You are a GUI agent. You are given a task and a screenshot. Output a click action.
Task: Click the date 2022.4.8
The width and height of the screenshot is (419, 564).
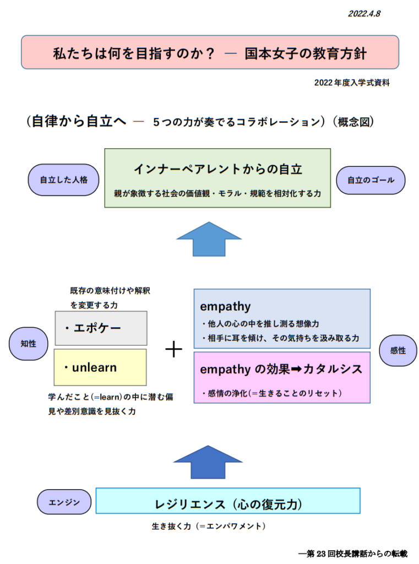pyautogui.click(x=364, y=14)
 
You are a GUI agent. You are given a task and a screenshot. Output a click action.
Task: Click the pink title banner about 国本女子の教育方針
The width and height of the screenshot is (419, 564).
pyautogui.click(x=210, y=52)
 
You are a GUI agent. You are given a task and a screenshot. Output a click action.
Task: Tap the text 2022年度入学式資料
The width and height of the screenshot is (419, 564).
pyautogui.click(x=352, y=83)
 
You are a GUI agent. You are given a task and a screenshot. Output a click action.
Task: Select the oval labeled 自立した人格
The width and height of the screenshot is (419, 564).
pyautogui.click(x=64, y=180)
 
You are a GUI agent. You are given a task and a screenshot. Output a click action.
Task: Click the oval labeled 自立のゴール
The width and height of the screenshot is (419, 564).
pyautogui.click(x=371, y=180)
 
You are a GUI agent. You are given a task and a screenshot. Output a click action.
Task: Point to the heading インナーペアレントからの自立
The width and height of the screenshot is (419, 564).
pyautogui.click(x=218, y=169)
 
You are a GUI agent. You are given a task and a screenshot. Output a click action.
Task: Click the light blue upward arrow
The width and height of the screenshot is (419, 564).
pyautogui.click(x=209, y=239)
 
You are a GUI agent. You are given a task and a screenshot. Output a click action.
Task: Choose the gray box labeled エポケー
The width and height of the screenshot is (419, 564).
pyautogui.click(x=101, y=328)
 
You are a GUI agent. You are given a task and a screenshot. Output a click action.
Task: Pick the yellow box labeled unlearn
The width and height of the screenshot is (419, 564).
pyautogui.click(x=100, y=367)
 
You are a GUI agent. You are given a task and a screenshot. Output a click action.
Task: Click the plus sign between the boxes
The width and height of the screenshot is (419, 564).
pyautogui.click(x=174, y=349)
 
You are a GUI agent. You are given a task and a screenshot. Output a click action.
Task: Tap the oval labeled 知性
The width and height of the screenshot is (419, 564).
pyautogui.click(x=29, y=344)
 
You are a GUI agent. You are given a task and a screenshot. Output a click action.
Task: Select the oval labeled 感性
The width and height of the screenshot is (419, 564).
pyautogui.click(x=398, y=350)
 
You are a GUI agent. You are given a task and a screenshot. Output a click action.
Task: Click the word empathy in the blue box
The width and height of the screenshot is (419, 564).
pyautogui.click(x=225, y=306)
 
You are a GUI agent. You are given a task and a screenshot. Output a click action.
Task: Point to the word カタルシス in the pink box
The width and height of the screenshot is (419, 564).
pyautogui.click(x=333, y=369)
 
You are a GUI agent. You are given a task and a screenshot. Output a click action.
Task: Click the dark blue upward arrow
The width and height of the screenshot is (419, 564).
pyautogui.click(x=208, y=462)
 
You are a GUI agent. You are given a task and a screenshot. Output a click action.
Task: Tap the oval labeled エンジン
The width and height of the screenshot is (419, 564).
pyautogui.click(x=64, y=502)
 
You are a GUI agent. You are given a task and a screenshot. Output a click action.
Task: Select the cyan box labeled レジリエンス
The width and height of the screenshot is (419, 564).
pyautogui.click(x=228, y=501)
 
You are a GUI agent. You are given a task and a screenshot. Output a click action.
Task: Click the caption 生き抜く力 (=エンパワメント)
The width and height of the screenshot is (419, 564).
pyautogui.click(x=209, y=526)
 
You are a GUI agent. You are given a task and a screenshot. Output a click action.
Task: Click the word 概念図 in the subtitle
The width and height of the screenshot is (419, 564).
pyautogui.click(x=353, y=122)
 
